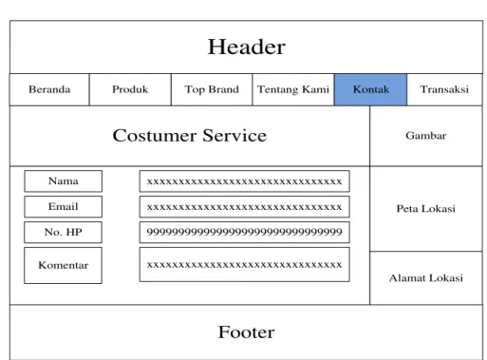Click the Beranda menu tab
(49, 89)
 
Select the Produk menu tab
(130, 89)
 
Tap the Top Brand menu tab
(212, 89)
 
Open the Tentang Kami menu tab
(293, 89)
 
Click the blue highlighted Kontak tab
(371, 89)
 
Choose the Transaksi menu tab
(444, 89)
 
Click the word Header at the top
(247, 47)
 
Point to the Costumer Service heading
(190, 136)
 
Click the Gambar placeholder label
(426, 136)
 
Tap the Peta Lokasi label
(426, 209)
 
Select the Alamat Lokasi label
(426, 278)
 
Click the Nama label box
(64, 181)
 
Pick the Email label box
(64, 207)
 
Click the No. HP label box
(64, 233)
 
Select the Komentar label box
(64, 265)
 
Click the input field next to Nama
(245, 181)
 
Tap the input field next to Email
(245, 207)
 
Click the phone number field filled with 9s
(245, 233)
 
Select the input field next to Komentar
(245, 265)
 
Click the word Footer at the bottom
(247, 332)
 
